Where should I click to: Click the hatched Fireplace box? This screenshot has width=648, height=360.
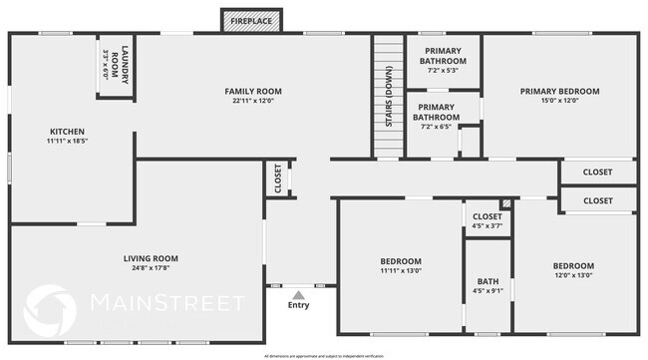click(x=250, y=20)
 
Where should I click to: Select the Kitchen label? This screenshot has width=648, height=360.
click(x=67, y=132)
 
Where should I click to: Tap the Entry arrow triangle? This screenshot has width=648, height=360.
click(x=298, y=294)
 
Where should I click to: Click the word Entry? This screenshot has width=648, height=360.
click(x=298, y=305)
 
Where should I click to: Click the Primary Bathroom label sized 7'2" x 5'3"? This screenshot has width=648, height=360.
click(x=443, y=56)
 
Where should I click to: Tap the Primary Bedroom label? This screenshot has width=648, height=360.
click(x=559, y=91)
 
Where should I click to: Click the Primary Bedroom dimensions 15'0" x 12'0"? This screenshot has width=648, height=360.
click(x=559, y=101)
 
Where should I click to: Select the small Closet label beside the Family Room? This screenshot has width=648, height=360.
click(x=278, y=179)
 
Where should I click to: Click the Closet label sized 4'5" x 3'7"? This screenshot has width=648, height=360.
click(x=486, y=216)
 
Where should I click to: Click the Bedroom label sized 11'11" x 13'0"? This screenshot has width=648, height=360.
click(x=400, y=260)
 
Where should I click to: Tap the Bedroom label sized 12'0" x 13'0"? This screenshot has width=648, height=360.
click(x=573, y=265)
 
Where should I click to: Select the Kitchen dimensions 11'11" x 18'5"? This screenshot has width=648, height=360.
click(x=67, y=142)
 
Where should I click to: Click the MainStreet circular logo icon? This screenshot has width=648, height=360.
click(x=49, y=310)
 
